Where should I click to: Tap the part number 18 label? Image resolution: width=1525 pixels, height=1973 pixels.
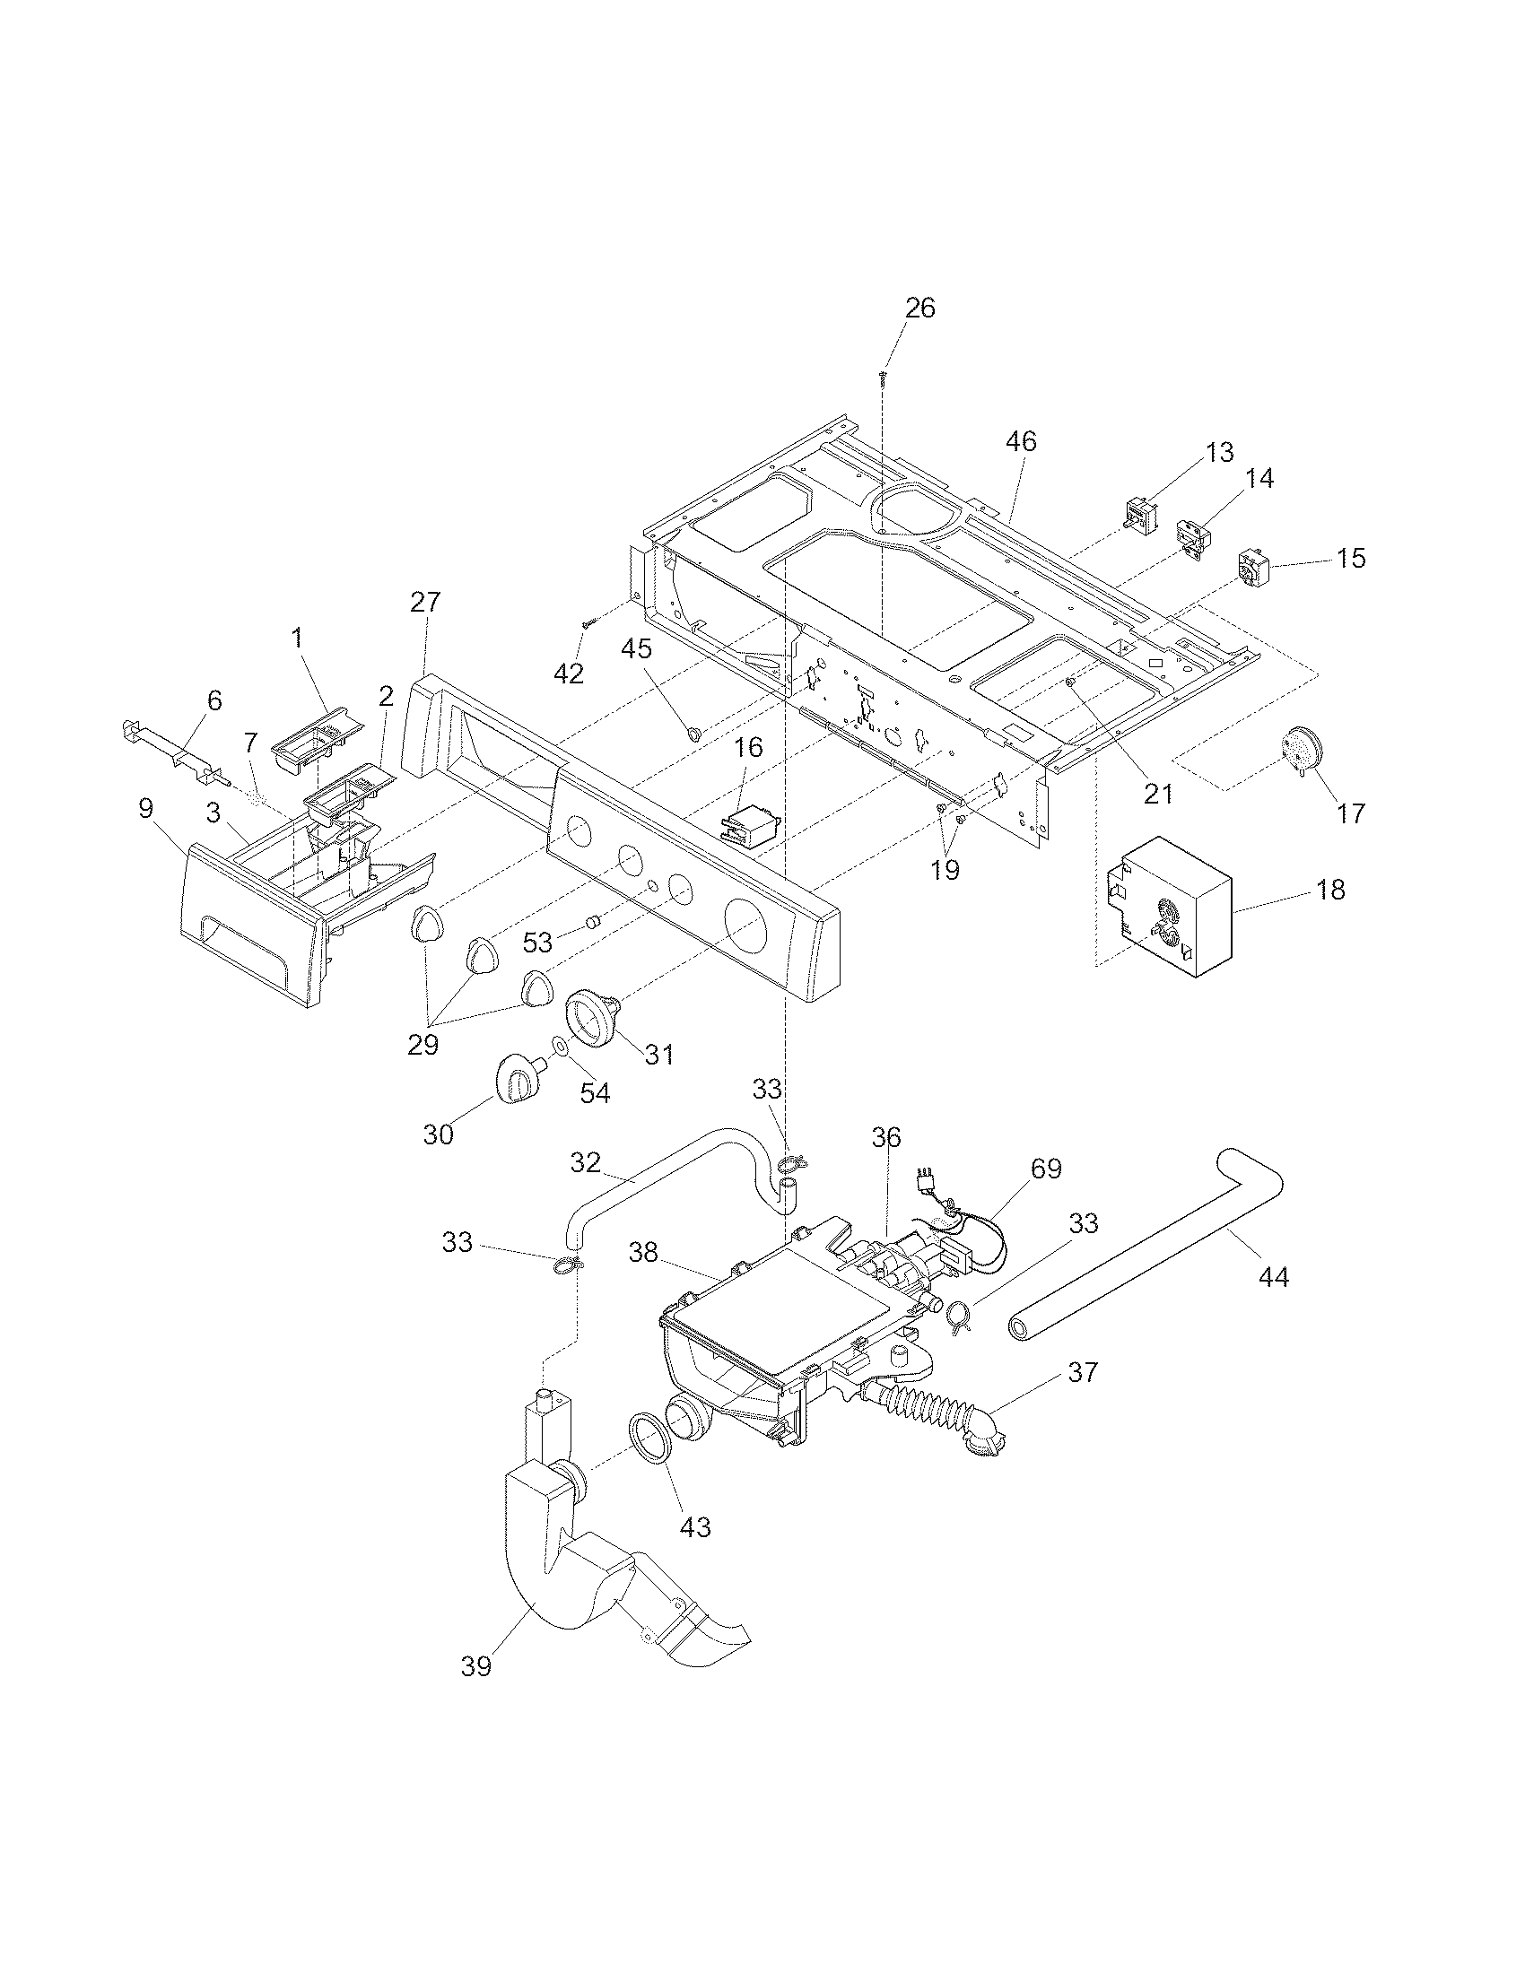click(x=1330, y=890)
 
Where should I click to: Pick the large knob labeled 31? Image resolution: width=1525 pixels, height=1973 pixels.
click(x=590, y=1018)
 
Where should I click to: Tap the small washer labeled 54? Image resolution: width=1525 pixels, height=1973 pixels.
click(x=559, y=1047)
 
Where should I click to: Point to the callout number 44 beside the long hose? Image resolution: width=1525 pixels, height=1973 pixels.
click(x=1274, y=1276)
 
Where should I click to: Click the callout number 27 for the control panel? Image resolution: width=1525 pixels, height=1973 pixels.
click(x=424, y=603)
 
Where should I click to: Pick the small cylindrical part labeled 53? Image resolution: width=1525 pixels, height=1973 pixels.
click(x=594, y=922)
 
